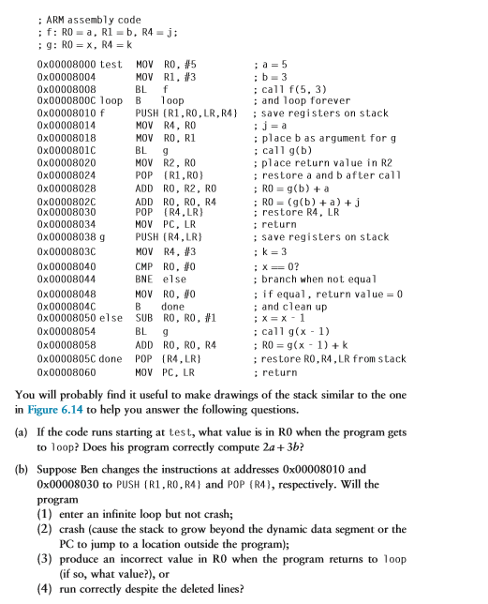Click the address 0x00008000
(67, 63)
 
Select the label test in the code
(112, 63)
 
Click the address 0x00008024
(67, 174)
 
